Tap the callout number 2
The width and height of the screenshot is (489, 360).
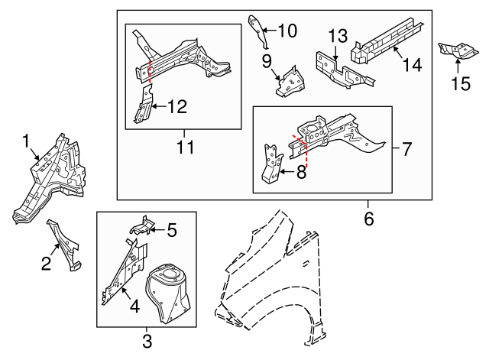[46, 264]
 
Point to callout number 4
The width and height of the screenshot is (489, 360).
[134, 307]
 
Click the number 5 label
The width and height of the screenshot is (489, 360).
[172, 229]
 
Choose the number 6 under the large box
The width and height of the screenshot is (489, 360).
[369, 219]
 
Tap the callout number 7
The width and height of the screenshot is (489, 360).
[406, 148]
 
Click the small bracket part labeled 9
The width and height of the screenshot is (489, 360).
[288, 83]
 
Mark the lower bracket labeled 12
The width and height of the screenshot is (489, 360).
[144, 106]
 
